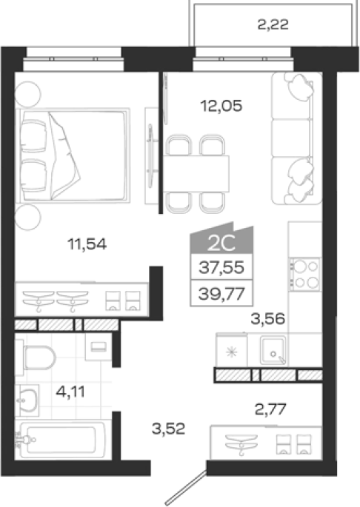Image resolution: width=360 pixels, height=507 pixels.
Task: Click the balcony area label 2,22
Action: [273, 24]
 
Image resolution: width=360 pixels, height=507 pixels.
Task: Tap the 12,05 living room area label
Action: [221, 106]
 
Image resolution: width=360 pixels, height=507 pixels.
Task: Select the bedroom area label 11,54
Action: [87, 244]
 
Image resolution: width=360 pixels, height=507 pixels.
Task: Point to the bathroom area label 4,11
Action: [70, 392]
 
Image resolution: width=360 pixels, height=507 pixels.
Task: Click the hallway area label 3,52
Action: [168, 429]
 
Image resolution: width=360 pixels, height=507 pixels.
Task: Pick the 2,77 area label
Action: [270, 410]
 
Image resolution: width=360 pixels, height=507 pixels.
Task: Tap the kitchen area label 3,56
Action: [268, 319]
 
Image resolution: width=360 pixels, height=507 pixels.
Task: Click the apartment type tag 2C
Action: [221, 244]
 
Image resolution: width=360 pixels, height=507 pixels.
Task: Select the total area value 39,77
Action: [221, 294]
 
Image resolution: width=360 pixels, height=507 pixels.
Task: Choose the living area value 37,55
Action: [221, 267]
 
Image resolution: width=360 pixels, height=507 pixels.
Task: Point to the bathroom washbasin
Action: [27, 400]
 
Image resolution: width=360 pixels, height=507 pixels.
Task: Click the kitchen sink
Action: [273, 351]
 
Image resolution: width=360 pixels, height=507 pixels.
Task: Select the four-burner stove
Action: [304, 274]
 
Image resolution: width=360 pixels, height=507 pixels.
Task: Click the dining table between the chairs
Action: [196, 174]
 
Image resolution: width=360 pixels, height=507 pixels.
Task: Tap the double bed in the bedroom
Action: [73, 155]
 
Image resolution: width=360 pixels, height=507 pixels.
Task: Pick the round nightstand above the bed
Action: [28, 95]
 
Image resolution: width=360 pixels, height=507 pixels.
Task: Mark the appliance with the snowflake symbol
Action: [232, 351]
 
